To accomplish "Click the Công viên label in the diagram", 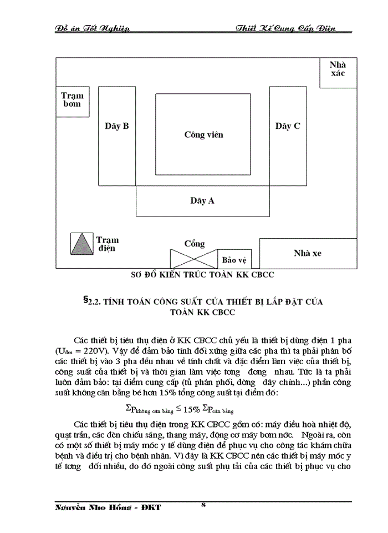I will click(x=203, y=135).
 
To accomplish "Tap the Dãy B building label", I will click(x=117, y=126).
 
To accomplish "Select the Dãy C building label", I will click(x=288, y=126).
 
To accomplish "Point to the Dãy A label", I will click(x=202, y=201).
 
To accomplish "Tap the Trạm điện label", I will click(x=108, y=244).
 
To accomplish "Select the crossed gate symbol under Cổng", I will click(x=194, y=259).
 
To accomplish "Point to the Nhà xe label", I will click(x=308, y=253).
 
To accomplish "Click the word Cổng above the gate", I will click(x=195, y=244).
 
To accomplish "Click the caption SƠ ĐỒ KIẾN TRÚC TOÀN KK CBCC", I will click(x=202, y=274).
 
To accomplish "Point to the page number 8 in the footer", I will click(x=203, y=505).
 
